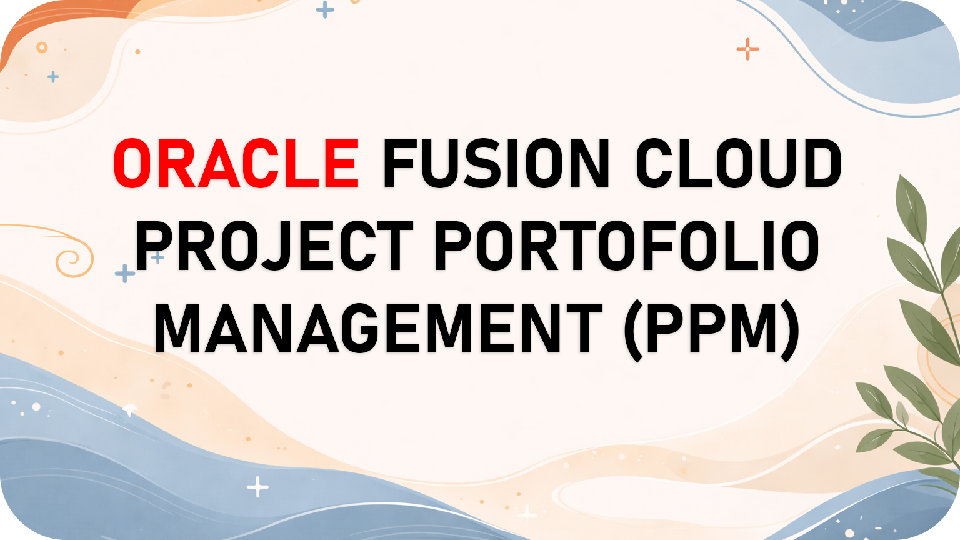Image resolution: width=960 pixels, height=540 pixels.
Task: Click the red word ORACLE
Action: tap(236, 164)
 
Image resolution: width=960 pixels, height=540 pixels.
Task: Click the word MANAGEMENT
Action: tap(378, 328)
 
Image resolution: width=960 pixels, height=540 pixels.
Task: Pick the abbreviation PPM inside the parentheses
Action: tap(712, 328)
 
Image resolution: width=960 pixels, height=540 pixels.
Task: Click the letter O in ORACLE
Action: tap(134, 164)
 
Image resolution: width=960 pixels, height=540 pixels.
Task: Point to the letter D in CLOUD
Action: tap(819, 164)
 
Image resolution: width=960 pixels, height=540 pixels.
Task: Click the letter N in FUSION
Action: tap(586, 164)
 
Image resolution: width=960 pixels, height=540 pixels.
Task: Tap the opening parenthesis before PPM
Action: tap(634, 330)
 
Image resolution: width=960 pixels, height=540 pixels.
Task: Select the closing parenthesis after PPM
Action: tap(791, 330)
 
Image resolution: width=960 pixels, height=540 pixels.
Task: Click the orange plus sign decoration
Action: tap(747, 49)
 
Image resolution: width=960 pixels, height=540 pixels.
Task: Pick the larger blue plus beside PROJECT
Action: tap(125, 273)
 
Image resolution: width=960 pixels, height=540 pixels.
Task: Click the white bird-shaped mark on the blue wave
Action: tap(130, 410)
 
